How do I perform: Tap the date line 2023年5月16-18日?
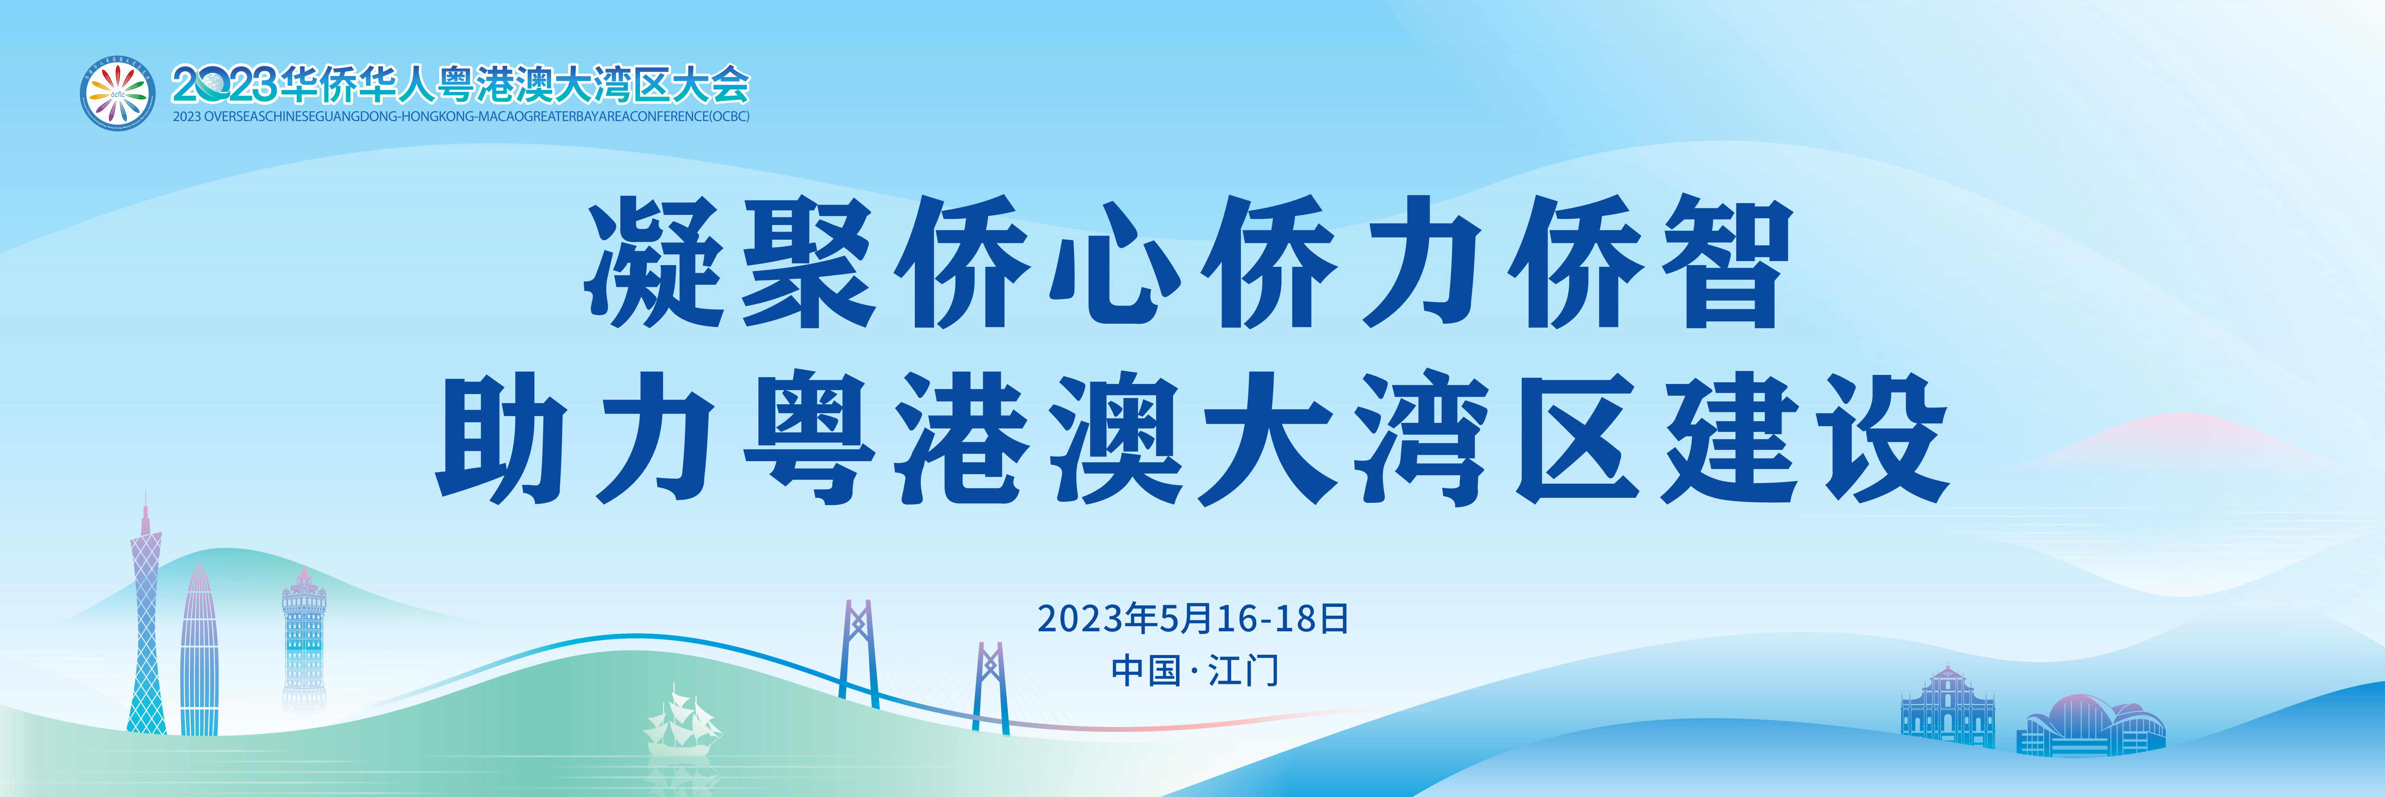pos(1192,618)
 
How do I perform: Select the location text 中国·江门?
pos(1194,670)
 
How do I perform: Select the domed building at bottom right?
pos(2090,725)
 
